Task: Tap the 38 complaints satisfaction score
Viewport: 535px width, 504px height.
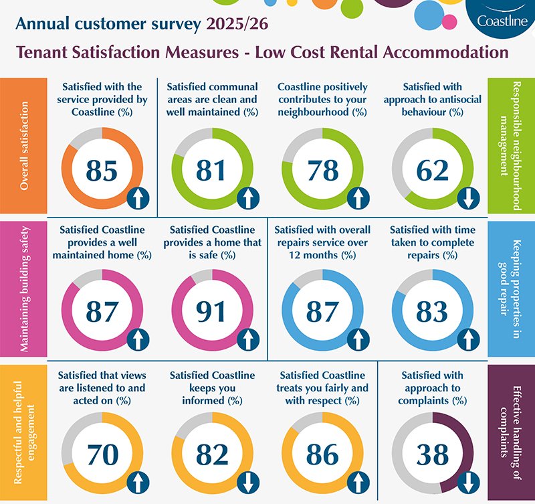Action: [x=432, y=455]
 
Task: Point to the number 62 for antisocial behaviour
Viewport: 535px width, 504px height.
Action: [x=432, y=171]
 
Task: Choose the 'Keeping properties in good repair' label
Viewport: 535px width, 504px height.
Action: [x=511, y=288]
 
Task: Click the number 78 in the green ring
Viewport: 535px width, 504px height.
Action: [x=322, y=171]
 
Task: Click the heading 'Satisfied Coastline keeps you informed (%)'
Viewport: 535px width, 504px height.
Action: [x=212, y=388]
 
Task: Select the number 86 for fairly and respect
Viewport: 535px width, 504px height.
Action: [x=322, y=455]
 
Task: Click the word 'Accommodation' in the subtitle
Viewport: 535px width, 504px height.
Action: [x=446, y=52]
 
